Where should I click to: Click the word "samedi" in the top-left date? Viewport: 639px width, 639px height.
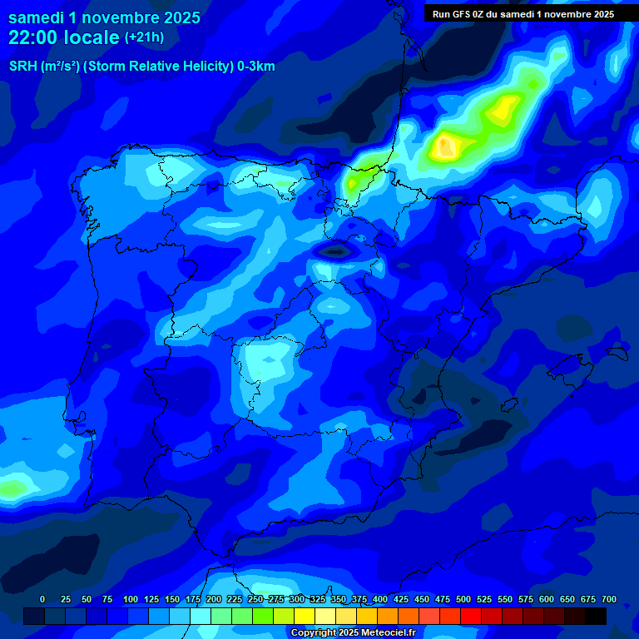point(37,17)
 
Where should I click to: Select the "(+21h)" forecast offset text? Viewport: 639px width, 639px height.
point(144,37)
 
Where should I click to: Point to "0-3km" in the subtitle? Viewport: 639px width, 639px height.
point(255,67)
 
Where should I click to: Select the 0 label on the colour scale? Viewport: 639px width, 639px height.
point(42,599)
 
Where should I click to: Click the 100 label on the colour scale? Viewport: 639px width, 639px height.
point(131,599)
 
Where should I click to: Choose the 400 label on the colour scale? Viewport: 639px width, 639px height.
point(380,599)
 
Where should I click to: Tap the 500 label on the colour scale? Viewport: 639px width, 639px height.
point(463,599)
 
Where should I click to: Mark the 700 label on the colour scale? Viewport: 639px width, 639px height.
point(609,599)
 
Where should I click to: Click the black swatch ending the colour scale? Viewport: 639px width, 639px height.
point(596,616)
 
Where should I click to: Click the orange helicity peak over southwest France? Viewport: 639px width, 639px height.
point(446,147)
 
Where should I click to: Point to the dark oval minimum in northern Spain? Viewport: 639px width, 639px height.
point(335,250)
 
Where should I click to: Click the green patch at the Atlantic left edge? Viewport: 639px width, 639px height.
point(12,488)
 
